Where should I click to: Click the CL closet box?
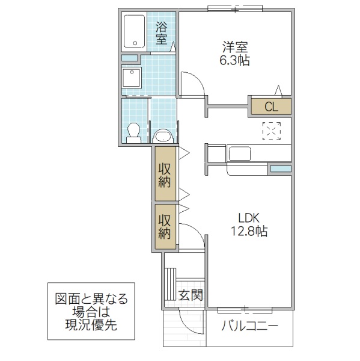click(x=271, y=107)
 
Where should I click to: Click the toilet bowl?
click(x=135, y=131)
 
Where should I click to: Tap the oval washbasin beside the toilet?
click(x=163, y=137)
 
